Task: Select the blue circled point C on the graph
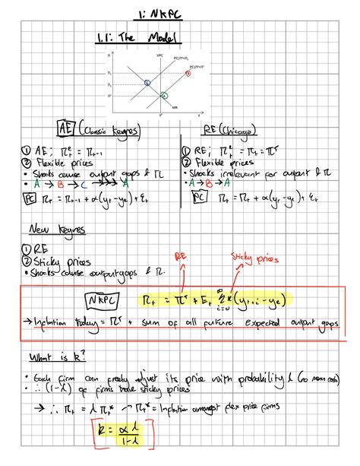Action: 147,82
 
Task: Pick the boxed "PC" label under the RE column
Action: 199,197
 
